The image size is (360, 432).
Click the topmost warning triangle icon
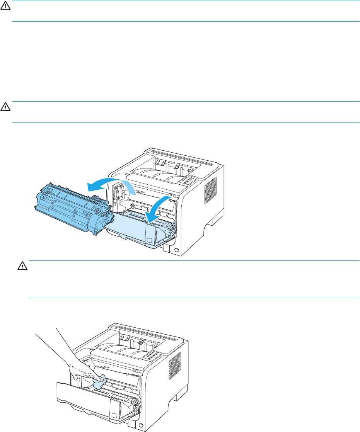click(x=5, y=7)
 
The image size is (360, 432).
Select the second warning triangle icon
click(x=5, y=105)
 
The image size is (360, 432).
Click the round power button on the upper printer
click(x=177, y=250)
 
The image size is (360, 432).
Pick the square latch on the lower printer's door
click(x=114, y=416)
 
